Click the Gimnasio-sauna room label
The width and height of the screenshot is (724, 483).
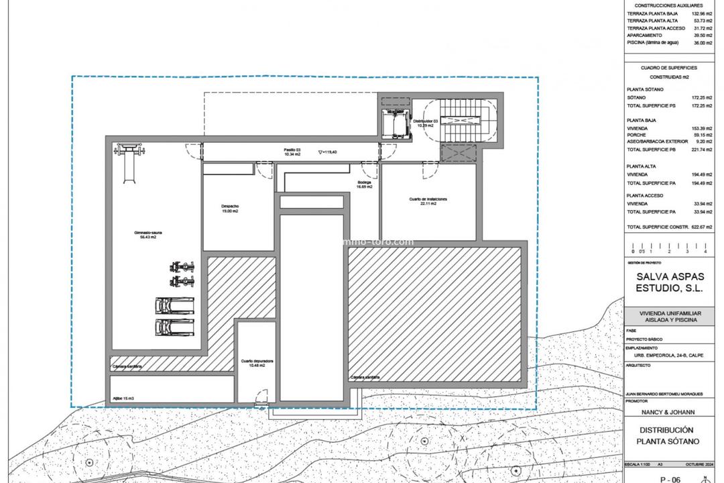coord(147,235)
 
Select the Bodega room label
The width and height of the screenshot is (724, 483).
coord(364,184)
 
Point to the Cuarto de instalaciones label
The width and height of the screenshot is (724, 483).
coord(428,201)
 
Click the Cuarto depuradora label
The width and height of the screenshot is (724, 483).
coord(257,363)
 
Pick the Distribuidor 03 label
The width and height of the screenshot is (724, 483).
coord(425,123)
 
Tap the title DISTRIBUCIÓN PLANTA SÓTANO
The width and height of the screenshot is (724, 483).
coord(667,435)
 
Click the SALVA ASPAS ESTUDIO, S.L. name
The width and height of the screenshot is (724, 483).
coord(669,282)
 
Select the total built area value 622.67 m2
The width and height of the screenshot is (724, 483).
coord(701,227)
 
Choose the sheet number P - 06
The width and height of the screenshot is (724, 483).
coord(670,479)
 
